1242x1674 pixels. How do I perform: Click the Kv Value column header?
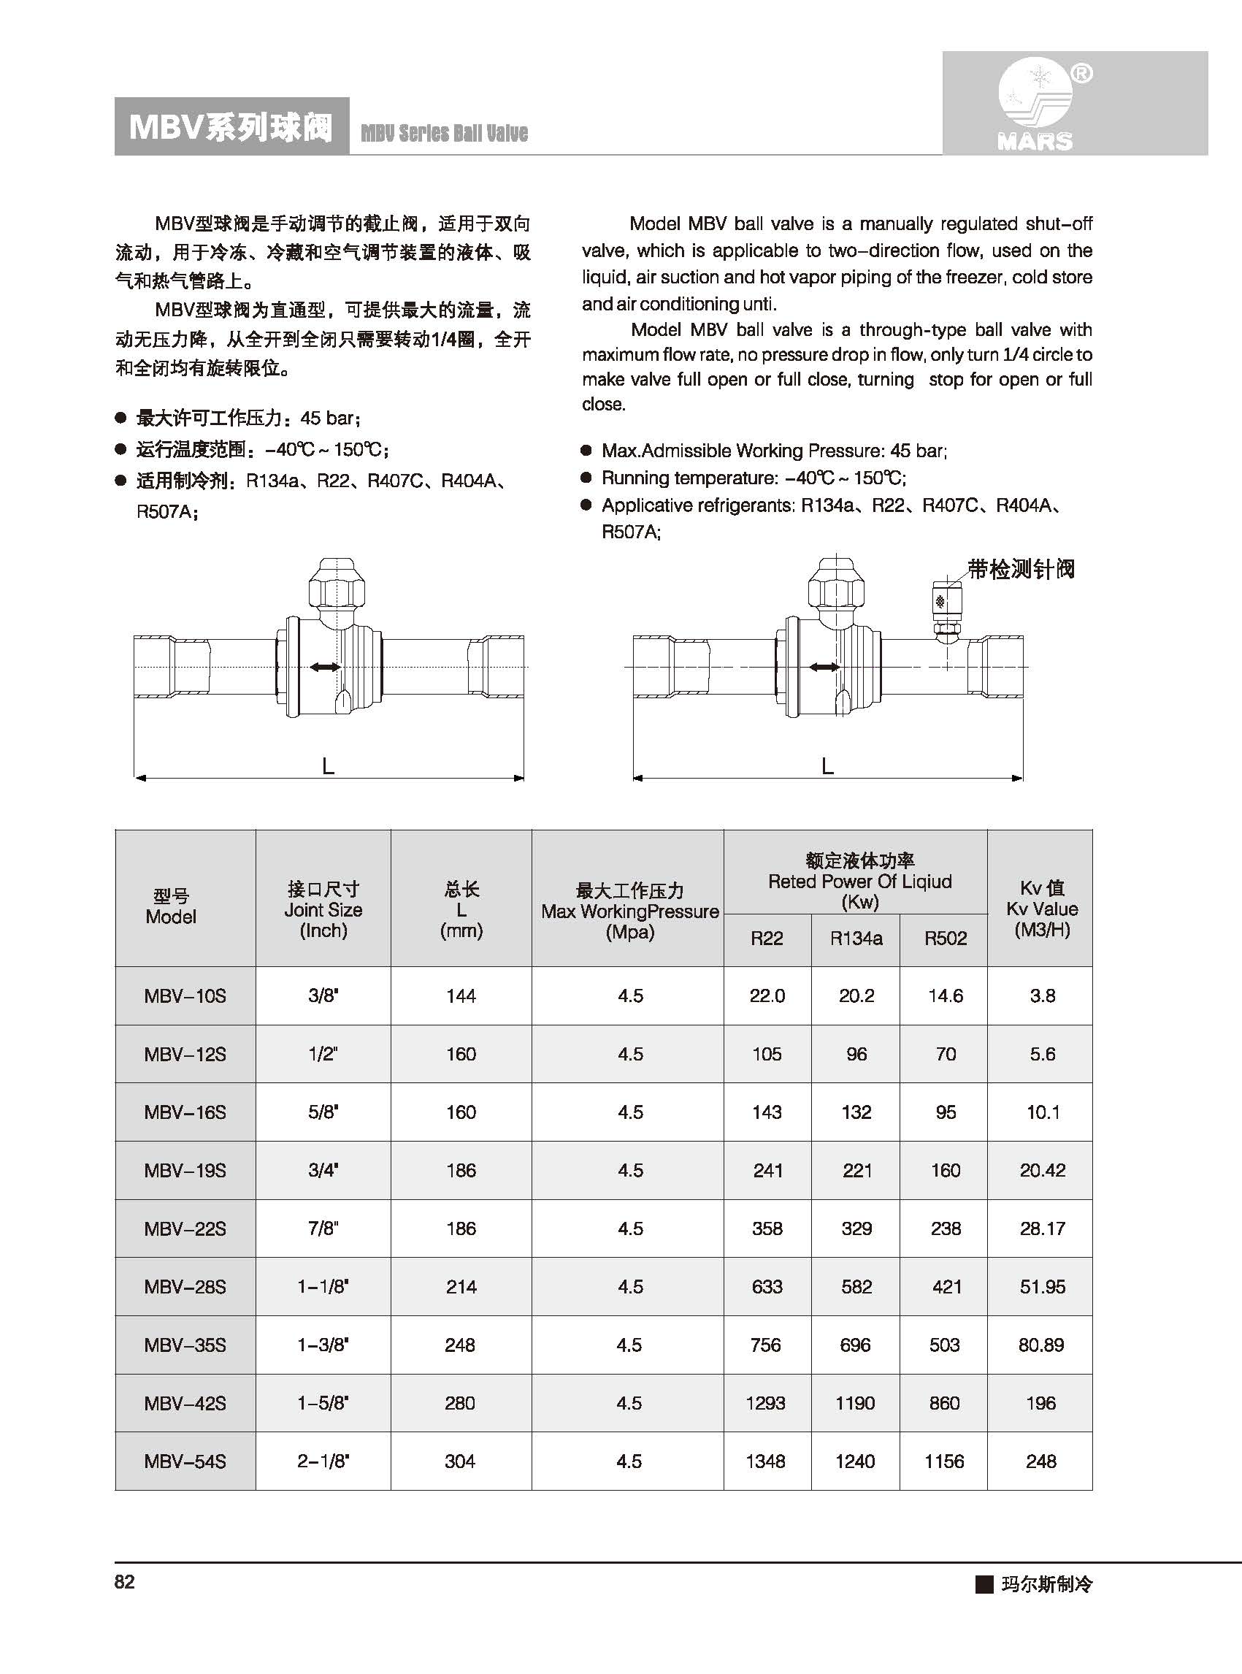1041,909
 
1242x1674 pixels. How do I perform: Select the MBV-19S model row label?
185,1170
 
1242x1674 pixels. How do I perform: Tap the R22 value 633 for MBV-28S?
767,1287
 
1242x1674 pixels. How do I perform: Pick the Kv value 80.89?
1041,1345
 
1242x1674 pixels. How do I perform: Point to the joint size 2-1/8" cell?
323,1461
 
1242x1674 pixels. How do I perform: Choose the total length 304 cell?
460,1461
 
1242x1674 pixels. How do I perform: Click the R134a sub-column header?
856,939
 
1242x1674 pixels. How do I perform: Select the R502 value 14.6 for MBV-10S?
945,995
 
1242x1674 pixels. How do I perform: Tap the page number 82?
125,1581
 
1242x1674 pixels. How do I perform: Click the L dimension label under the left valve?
328,766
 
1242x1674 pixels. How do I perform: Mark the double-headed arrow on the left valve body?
325,667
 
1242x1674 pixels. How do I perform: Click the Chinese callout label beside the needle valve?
1021,569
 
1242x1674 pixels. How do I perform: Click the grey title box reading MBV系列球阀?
231,127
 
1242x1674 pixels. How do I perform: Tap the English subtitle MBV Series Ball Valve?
444,134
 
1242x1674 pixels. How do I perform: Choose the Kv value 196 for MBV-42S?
1041,1402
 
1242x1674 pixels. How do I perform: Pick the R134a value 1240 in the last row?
856,1461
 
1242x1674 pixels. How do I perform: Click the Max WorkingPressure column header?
630,911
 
